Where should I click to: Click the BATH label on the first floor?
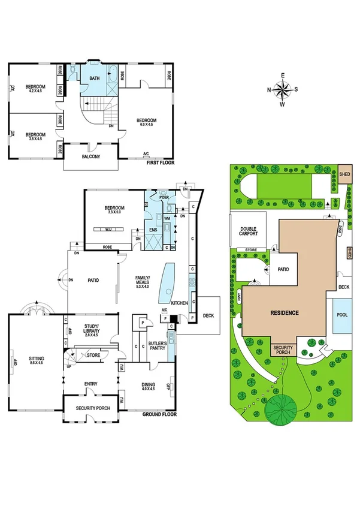click(x=95, y=79)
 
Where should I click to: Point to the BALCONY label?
click(x=91, y=157)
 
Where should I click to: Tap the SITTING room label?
click(x=37, y=360)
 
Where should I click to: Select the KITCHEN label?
click(x=180, y=303)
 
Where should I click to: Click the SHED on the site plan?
click(x=344, y=175)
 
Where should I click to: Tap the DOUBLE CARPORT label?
click(x=249, y=231)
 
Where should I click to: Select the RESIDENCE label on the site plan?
click(x=283, y=313)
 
